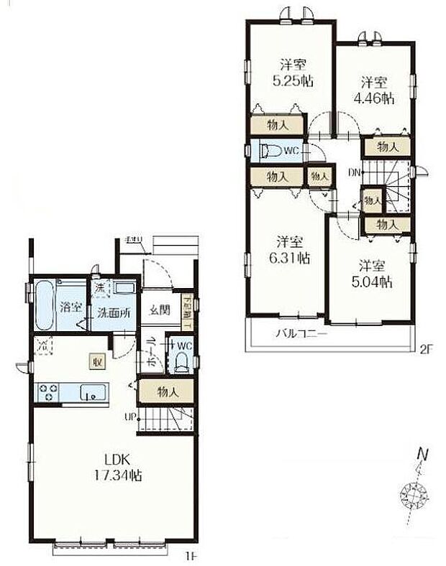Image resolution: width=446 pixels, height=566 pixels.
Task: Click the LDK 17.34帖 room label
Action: click(116, 467)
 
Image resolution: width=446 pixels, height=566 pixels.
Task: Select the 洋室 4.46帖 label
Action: click(376, 90)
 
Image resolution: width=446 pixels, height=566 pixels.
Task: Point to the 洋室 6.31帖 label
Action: click(291, 249)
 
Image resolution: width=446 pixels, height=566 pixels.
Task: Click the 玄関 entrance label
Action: click(159, 310)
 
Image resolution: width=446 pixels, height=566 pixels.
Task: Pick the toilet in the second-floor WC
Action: click(272, 151)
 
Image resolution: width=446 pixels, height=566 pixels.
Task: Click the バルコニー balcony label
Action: click(302, 334)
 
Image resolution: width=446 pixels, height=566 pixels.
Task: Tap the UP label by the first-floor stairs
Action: click(130, 416)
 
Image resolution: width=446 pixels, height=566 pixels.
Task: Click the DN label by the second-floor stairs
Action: click(355, 173)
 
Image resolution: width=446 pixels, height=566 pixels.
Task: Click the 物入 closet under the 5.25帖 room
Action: click(277, 125)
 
